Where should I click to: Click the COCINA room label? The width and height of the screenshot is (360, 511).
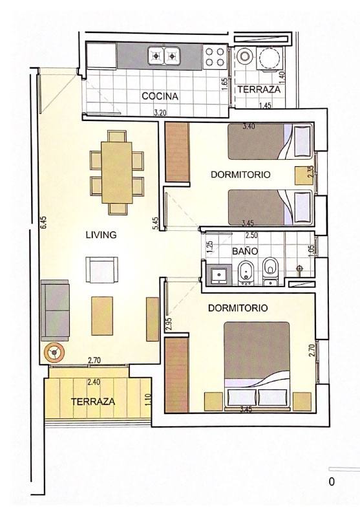160,96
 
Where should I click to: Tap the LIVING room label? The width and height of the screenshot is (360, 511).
101,235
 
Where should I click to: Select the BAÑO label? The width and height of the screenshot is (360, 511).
245,251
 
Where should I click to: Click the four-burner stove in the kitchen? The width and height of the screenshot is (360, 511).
215,57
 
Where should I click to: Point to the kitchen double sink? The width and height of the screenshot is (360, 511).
164,56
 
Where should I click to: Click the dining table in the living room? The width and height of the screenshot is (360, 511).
117,173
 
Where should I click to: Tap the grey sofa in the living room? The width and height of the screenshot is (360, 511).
55,310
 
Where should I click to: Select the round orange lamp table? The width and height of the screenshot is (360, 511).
54,353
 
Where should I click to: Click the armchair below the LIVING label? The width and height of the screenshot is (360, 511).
102,270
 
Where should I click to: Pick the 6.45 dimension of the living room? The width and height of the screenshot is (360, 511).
44,223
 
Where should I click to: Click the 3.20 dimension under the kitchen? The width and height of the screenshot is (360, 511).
160,113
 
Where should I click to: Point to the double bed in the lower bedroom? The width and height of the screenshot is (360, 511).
257,365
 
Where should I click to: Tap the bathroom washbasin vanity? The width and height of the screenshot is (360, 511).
218,276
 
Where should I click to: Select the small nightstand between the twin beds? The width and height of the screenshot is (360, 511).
302,176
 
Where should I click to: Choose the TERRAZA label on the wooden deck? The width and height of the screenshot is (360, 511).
93,402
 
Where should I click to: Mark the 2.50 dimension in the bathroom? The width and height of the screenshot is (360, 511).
251,235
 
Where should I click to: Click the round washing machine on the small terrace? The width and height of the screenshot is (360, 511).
245,56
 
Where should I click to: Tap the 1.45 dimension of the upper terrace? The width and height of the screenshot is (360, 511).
265,105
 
